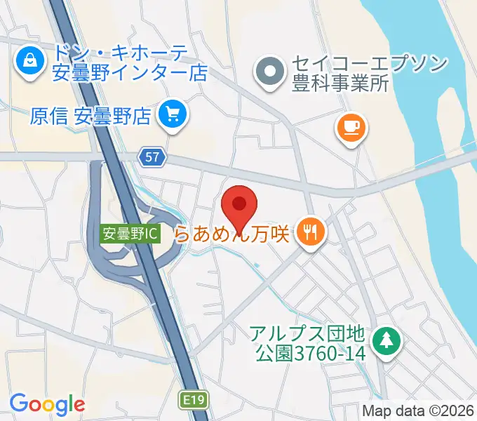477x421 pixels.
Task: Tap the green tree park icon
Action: pos(386,342)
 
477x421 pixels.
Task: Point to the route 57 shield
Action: pos(152,157)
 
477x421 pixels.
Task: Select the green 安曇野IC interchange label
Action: pos(130,233)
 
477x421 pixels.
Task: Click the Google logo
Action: pos(47,403)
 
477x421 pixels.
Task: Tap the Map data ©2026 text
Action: pos(418,410)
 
